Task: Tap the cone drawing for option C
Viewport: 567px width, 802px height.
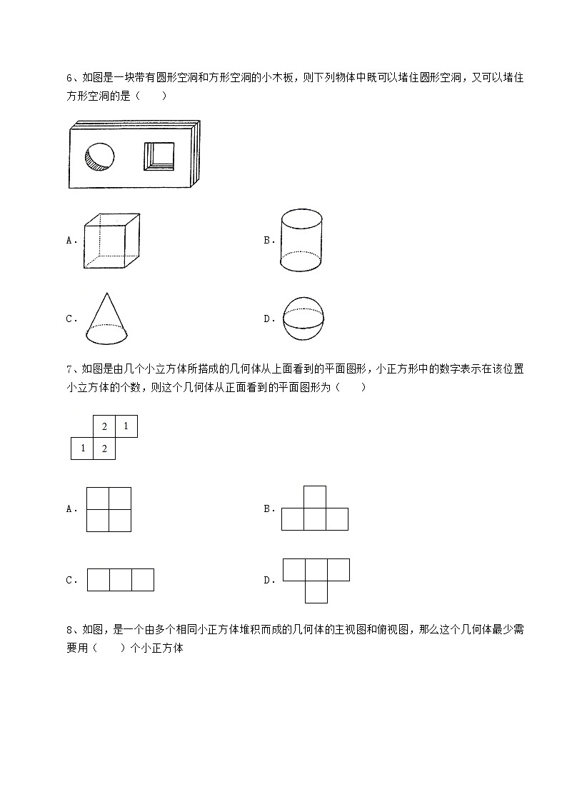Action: (105, 319)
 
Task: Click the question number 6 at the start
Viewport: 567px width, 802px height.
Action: (69, 78)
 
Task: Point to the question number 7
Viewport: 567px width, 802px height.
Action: (69, 369)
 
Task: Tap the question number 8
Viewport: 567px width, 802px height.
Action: (69, 630)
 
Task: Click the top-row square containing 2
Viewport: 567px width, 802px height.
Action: (104, 427)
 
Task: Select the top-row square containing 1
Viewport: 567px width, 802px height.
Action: (126, 427)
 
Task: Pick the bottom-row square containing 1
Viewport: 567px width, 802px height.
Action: (82, 448)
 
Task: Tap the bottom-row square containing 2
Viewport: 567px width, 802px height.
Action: (104, 448)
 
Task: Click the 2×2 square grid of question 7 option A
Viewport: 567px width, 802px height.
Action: (109, 509)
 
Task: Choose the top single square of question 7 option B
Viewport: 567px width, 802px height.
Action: (315, 497)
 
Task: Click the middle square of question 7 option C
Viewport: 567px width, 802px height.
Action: (121, 580)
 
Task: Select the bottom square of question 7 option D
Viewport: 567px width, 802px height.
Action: (316, 591)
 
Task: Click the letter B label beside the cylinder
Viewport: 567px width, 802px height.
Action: (269, 241)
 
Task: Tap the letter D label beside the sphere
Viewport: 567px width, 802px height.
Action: (269, 319)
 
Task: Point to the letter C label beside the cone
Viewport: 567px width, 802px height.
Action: (70, 319)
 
